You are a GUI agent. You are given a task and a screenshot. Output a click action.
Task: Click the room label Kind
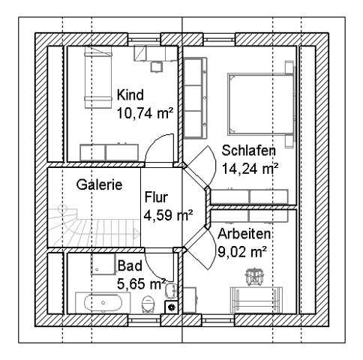(x=130, y=95)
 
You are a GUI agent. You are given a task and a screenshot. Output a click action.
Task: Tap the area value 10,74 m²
(x=145, y=113)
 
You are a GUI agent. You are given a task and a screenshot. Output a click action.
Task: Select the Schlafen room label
(x=249, y=151)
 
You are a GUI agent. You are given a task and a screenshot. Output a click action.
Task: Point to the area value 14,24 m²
(x=250, y=169)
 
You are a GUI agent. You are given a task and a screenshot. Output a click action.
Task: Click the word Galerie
(x=99, y=184)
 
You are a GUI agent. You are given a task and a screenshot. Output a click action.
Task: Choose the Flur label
(x=156, y=197)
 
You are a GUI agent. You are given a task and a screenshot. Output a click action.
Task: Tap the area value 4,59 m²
(x=168, y=215)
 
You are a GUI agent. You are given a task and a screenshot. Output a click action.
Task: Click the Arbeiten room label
(x=244, y=234)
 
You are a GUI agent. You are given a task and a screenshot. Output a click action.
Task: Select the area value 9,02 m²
(x=241, y=252)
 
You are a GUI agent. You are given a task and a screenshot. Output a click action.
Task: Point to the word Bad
(x=130, y=265)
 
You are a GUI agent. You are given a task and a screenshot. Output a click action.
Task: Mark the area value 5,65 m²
(x=141, y=283)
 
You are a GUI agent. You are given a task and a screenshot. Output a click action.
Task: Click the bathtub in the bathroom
(x=103, y=302)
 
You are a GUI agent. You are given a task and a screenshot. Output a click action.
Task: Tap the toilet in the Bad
(x=148, y=304)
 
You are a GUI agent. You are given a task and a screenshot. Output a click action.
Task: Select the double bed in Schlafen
(x=261, y=104)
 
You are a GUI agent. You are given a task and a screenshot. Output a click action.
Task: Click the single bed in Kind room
(x=97, y=77)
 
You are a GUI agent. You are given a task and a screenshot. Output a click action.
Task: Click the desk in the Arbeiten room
(x=256, y=300)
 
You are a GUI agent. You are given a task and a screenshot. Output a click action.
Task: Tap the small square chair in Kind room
(x=157, y=67)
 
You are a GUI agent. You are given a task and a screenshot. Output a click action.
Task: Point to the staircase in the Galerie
(x=94, y=225)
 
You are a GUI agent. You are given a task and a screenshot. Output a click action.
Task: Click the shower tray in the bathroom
(x=103, y=264)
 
